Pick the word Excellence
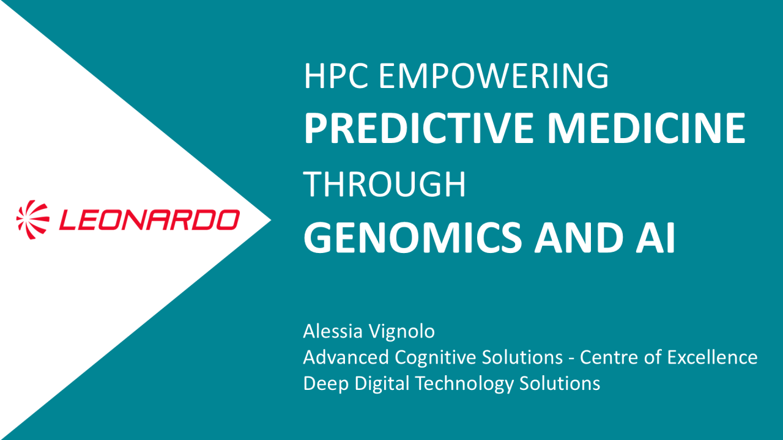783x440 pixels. (x=712, y=357)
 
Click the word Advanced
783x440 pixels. (x=346, y=357)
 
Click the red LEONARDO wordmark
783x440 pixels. (x=150, y=219)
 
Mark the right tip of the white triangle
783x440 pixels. (x=270, y=220)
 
